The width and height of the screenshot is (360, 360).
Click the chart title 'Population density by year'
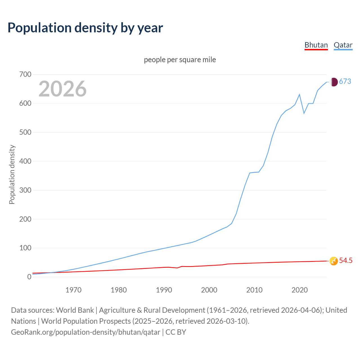tap(85, 28)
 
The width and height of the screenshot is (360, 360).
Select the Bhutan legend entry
tap(316, 45)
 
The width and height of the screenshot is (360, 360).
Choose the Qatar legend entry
tap(343, 45)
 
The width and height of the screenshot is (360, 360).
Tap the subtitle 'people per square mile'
tap(180, 60)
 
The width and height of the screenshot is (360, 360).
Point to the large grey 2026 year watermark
tap(62, 89)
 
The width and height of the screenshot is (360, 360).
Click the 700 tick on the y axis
tap(25, 75)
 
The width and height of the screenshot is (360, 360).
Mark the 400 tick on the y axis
tap(25, 161)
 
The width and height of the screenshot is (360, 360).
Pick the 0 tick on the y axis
tap(29, 277)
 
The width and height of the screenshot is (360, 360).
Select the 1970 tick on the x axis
tap(73, 290)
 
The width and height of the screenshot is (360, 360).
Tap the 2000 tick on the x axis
tap(209, 290)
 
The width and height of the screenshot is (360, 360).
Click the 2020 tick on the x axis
tap(300, 290)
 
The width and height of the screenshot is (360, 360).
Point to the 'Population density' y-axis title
tap(12, 174)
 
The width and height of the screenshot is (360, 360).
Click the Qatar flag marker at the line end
tap(334, 82)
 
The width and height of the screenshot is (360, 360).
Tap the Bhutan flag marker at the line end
tap(334, 261)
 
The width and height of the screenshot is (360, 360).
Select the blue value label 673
tap(345, 82)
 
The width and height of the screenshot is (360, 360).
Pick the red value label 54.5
tap(346, 261)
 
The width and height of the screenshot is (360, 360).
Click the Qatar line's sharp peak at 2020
tap(300, 94)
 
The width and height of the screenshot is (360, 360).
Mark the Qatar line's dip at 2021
tap(304, 113)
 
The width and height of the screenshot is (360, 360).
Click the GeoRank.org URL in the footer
tap(85, 332)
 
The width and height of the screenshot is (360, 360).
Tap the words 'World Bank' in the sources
tap(75, 310)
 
